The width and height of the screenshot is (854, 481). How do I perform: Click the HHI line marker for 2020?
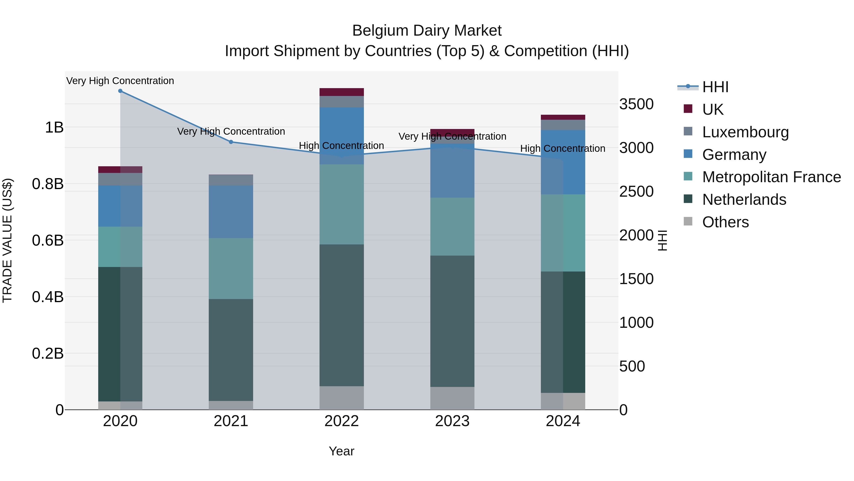[x=120, y=91]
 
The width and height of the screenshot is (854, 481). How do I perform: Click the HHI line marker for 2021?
[x=231, y=142]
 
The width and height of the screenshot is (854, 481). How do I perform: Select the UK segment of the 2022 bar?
[x=341, y=92]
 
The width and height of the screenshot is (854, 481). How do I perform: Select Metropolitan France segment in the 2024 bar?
[x=563, y=233]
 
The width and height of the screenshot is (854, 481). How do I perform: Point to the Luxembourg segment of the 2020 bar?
[x=120, y=179]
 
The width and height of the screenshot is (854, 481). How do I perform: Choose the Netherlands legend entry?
[x=744, y=200]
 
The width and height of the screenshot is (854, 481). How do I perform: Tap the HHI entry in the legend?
[x=715, y=87]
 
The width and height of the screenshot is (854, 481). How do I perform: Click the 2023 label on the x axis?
[x=452, y=421]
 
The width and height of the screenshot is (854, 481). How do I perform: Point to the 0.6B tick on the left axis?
[x=48, y=240]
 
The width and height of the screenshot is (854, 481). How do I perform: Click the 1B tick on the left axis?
[x=54, y=128]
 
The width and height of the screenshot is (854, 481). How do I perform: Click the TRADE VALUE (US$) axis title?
[x=7, y=240]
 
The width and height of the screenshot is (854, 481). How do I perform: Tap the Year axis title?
[x=341, y=451]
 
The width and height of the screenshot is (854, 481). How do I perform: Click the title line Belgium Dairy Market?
[x=427, y=31]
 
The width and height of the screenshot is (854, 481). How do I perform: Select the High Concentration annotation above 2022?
[x=341, y=146]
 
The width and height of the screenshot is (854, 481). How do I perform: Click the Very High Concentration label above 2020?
[x=120, y=81]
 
